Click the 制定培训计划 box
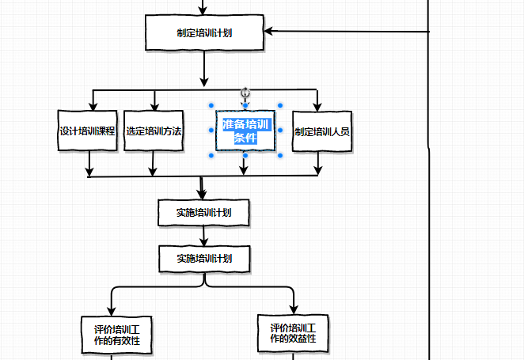click(x=205, y=33)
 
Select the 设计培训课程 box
click(x=88, y=131)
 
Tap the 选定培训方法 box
click(x=154, y=131)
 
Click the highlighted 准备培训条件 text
click(x=245, y=131)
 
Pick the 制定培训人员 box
click(x=322, y=131)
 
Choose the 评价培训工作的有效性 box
click(x=117, y=335)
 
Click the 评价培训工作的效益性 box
click(x=293, y=333)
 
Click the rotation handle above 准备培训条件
click(x=245, y=93)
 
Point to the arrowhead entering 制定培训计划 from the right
click(x=269, y=32)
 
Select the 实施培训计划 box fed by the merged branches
click(x=204, y=212)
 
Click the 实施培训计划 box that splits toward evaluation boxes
click(x=204, y=258)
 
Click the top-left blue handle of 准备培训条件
click(x=211, y=105)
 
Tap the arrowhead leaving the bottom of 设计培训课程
click(x=90, y=172)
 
